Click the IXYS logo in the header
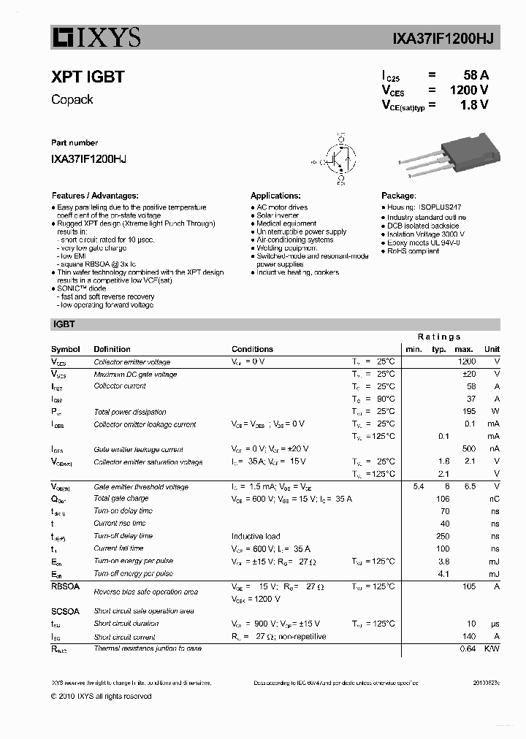point(96,37)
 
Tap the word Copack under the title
point(72,99)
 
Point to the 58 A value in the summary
point(476,75)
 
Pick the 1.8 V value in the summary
point(473,105)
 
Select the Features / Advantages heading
point(94,196)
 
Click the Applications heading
point(275,196)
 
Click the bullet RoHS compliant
point(413,250)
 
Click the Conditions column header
point(252,349)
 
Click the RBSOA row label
point(65,586)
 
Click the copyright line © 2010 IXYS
point(101,697)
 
